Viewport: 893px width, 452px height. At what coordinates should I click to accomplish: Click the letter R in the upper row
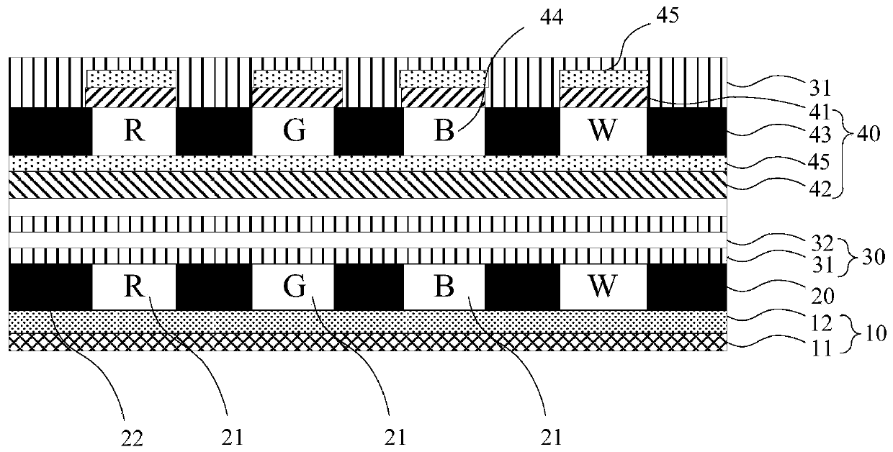click(x=133, y=132)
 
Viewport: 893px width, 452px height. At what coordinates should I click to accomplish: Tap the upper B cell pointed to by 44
click(x=444, y=132)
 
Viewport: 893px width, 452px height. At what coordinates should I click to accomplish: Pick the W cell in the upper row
click(x=603, y=132)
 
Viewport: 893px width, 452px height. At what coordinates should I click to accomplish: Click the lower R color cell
click(x=133, y=286)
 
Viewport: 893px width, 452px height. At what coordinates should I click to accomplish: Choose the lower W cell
click(x=603, y=286)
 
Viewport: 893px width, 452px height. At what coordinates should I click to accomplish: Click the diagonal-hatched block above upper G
click(x=296, y=96)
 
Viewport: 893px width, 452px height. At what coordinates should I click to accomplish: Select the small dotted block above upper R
click(x=131, y=78)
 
